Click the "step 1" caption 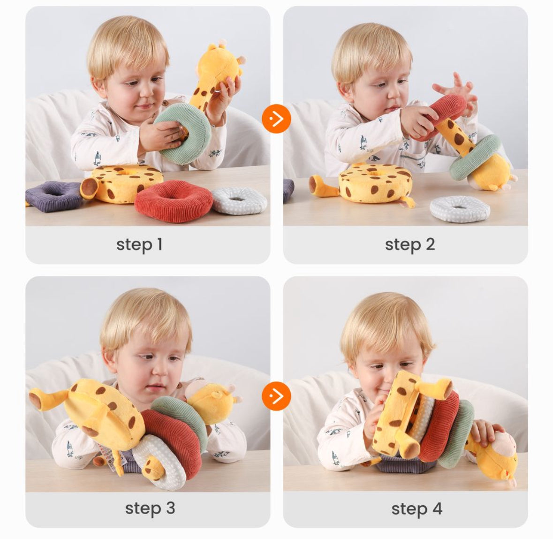[139, 244]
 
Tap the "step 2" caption [410, 244]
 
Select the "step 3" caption [150, 509]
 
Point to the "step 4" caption [417, 509]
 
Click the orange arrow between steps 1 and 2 [277, 119]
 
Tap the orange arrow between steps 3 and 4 [277, 396]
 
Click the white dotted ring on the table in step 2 [460, 209]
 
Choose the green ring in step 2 [474, 158]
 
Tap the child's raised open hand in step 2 [455, 90]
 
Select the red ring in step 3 [173, 436]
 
